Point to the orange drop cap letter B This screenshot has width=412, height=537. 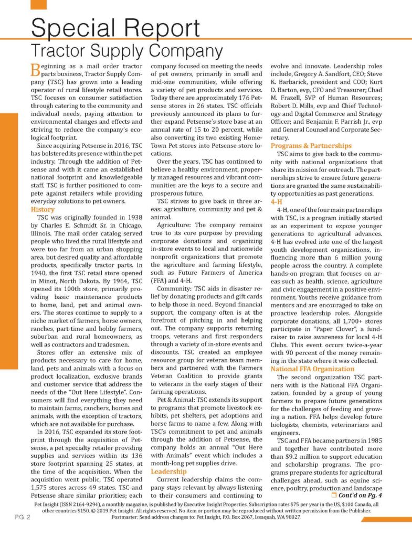32,70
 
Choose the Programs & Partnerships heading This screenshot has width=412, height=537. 311,145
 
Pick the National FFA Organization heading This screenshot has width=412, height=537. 313,369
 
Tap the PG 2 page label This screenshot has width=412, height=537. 22,517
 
